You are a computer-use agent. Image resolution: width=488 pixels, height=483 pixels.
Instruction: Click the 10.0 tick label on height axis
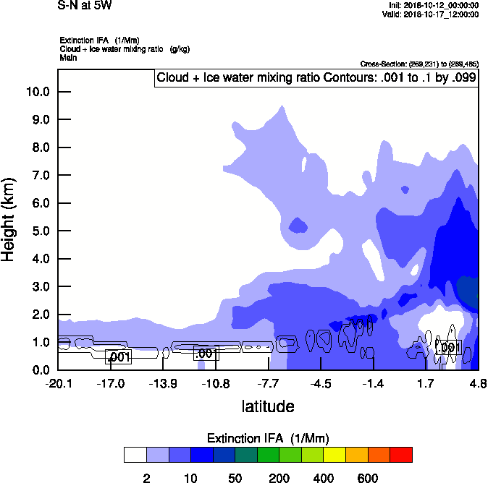38,92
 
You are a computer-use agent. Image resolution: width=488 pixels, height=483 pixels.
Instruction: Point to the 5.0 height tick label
41,231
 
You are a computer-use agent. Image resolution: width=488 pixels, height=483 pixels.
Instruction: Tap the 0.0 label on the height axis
41,370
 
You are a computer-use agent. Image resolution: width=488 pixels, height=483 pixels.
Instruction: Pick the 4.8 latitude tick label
478,383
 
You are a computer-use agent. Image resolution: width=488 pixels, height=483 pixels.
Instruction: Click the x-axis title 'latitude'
268,406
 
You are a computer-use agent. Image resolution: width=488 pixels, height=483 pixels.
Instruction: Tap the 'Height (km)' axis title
9,220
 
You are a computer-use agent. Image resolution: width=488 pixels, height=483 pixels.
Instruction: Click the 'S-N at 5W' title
85,6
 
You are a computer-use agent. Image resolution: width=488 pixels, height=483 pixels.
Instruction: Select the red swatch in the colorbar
402,455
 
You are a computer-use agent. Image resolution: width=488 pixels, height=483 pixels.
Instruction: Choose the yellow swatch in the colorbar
335,455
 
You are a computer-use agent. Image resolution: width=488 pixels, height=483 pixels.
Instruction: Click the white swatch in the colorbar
135,455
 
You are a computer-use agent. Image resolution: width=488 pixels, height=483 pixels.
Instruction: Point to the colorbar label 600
368,478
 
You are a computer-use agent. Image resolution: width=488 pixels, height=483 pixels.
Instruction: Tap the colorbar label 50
235,478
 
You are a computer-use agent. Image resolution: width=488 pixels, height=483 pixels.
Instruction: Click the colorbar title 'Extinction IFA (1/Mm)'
268,438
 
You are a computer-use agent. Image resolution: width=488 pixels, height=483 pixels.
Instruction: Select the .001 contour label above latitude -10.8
206,354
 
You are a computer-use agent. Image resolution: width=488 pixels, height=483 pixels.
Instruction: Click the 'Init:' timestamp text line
434,6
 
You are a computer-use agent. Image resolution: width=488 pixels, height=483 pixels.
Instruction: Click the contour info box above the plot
316,78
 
